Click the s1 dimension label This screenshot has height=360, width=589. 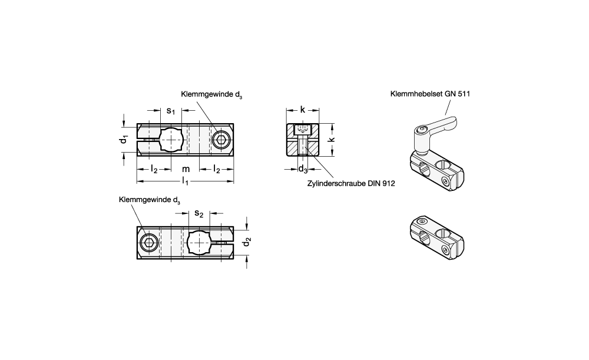point(171,111)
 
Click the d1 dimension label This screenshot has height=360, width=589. point(124,139)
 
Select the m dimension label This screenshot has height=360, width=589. point(186,169)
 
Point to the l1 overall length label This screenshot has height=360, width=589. point(185,181)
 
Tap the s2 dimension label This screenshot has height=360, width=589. point(198,213)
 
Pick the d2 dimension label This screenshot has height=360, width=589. point(247,242)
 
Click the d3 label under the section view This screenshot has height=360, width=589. point(303,169)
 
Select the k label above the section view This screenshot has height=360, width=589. point(303,110)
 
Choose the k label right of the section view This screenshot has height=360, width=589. point(331,140)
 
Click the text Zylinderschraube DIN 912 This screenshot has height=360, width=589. point(351,183)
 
